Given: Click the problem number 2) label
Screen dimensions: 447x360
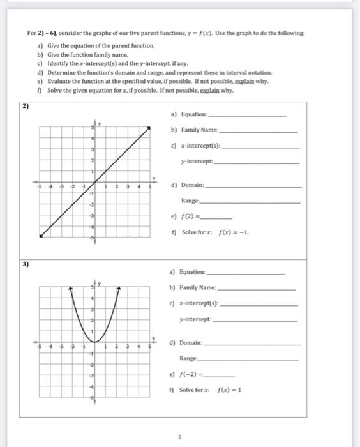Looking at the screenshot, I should click(26, 106).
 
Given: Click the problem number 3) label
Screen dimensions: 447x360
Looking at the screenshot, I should click(26, 263).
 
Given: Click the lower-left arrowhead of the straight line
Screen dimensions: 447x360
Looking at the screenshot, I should click(40, 237).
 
